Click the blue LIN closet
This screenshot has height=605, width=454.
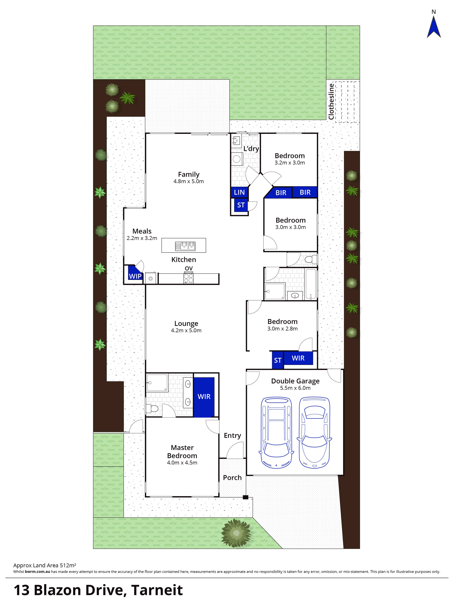239,192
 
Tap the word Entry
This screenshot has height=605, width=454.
232,435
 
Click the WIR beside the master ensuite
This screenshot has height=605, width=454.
204,397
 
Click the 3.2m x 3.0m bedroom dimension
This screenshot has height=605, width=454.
290,163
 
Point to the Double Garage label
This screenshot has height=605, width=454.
295,381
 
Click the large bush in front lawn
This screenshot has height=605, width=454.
236,533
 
